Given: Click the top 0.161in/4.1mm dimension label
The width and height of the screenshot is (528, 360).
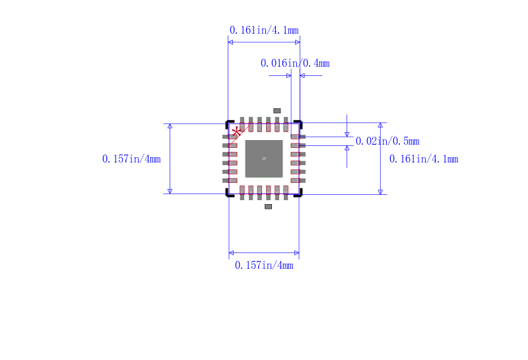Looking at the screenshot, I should click(x=263, y=30).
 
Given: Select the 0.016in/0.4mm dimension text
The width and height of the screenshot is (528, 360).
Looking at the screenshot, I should click(x=295, y=63).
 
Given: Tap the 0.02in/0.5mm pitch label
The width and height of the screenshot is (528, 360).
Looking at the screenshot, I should click(x=387, y=141).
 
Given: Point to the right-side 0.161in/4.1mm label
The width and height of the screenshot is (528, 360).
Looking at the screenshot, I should click(x=424, y=159).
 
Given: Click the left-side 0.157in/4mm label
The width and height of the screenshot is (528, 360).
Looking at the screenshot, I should click(x=131, y=159).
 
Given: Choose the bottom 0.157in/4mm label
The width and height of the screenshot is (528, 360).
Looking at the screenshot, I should click(x=264, y=265).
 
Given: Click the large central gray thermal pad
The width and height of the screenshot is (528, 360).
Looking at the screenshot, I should click(x=264, y=159).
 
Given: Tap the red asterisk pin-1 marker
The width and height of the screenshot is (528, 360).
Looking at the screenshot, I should click(x=236, y=131).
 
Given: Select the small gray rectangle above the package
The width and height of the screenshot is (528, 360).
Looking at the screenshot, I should click(x=277, y=110).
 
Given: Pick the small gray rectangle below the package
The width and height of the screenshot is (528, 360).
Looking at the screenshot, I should click(x=268, y=207).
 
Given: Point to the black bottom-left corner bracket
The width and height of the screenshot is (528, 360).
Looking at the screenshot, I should click(x=228, y=194).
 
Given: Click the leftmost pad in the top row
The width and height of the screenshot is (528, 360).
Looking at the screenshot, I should click(x=242, y=124).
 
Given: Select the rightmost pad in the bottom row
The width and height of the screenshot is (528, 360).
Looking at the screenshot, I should click(x=286, y=192).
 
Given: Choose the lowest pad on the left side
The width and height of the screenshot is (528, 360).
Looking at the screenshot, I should click(x=229, y=180).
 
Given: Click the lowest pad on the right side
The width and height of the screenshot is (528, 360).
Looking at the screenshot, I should click(x=298, y=180).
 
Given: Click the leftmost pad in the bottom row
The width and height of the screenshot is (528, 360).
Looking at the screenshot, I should click(x=242, y=192).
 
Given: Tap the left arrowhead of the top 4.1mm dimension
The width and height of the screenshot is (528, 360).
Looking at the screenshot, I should click(x=230, y=42).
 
